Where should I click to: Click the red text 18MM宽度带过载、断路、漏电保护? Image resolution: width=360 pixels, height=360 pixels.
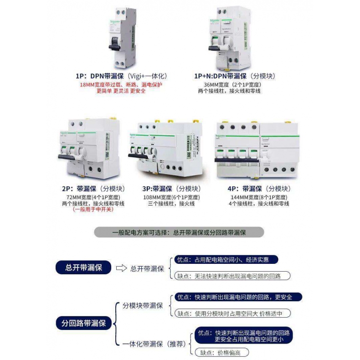click(x=121, y=85)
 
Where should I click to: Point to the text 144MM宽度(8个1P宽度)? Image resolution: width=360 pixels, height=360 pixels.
click(x=259, y=197)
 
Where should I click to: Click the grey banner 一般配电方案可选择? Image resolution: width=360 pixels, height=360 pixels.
click(x=179, y=232)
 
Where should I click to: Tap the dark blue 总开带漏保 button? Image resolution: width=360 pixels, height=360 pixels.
click(x=82, y=267)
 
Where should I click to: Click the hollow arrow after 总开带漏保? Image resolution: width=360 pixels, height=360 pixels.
click(x=121, y=268)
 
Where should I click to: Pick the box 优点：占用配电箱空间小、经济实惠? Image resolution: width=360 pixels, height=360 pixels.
click(x=226, y=260)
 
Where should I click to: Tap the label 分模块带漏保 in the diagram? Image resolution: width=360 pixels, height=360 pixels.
click(x=143, y=305)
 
